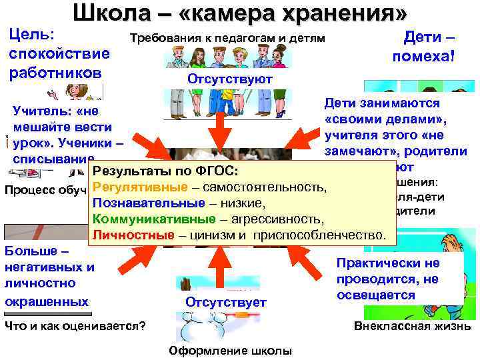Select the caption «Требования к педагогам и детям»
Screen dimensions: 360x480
(x=228, y=38)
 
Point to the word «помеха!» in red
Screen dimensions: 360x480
(x=424, y=57)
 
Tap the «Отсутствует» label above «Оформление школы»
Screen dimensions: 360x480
(x=226, y=302)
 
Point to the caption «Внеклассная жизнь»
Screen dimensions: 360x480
(x=411, y=326)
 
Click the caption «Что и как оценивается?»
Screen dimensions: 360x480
(x=75, y=326)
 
